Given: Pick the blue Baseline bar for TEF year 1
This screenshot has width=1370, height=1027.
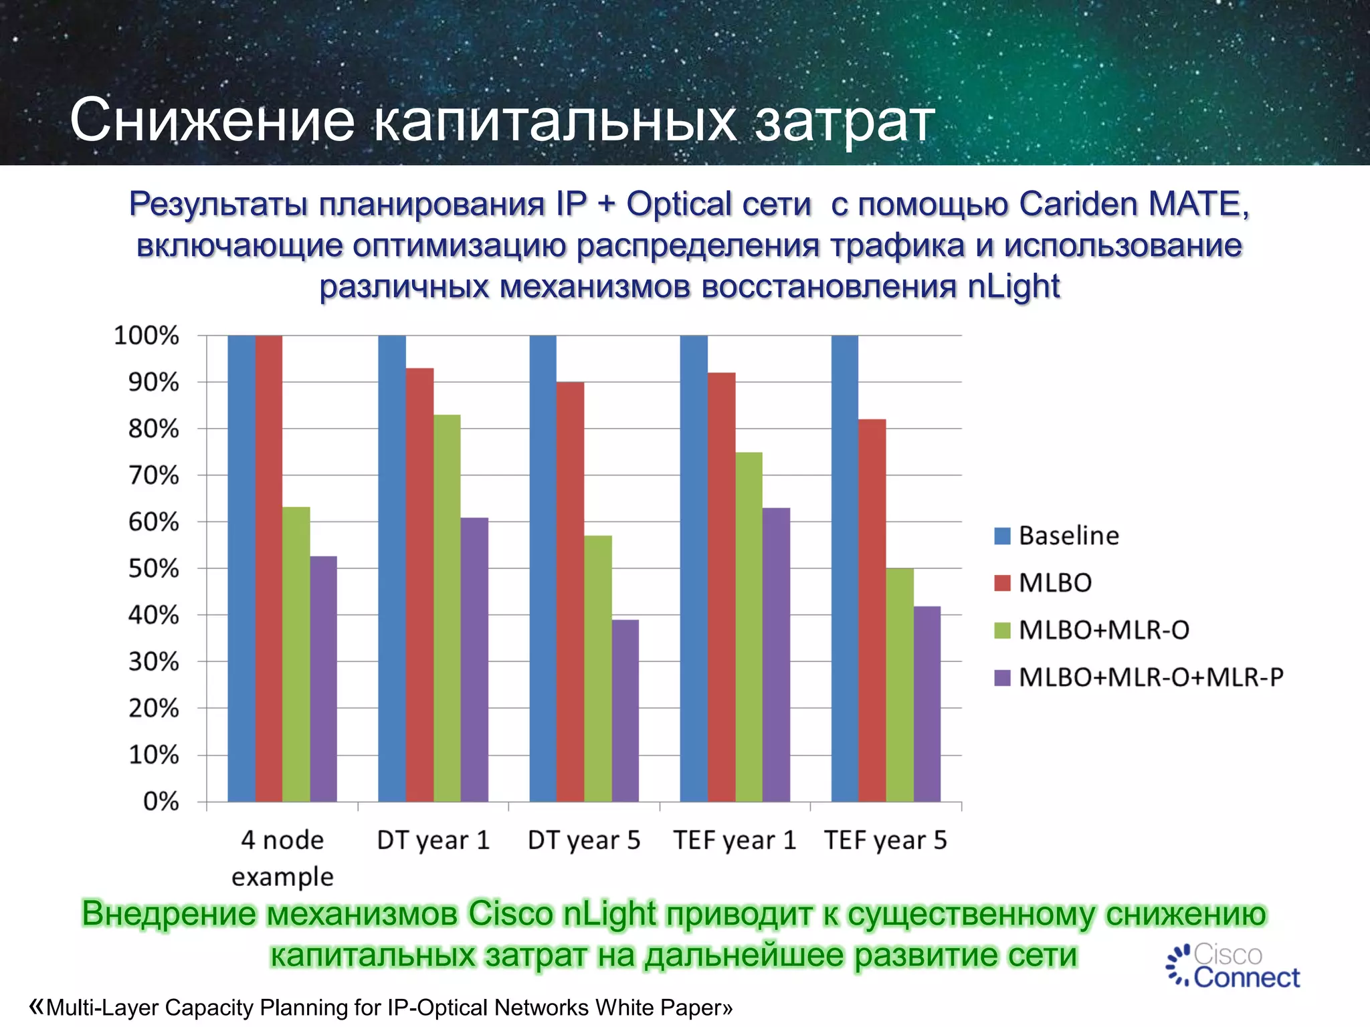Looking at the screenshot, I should point(694,568).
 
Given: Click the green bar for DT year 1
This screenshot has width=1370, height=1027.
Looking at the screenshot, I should point(447,608).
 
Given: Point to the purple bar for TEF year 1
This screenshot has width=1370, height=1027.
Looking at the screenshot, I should point(776,655).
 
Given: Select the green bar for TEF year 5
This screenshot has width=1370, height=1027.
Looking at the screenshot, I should point(900,685).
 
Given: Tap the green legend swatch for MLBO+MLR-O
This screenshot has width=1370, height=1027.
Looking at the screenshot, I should point(1002,631).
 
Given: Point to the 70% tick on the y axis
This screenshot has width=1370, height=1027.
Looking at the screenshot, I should point(154,475).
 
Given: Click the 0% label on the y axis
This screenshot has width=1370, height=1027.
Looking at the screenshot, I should point(161,801).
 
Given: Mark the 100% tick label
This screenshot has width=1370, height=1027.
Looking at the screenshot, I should point(146,335).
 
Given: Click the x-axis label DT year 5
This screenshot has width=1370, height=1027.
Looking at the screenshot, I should point(584,840).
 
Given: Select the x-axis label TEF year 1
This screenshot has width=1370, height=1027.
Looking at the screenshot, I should point(735,840).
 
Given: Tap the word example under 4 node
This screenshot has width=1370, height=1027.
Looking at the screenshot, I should point(282,876).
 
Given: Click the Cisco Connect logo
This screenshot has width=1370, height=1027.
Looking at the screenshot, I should point(1232,966).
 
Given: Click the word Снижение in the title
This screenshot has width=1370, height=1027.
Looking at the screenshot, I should point(212,120).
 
